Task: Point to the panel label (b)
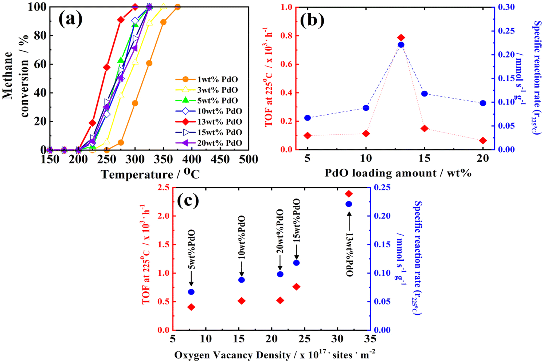pos(312,20)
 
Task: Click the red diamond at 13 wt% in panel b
pos(401,38)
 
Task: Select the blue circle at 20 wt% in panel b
pos(483,103)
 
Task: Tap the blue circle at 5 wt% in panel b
pos(308,118)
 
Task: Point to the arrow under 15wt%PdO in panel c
pos(296,251)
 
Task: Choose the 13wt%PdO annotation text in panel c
pos(349,255)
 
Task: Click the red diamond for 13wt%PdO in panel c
pos(349,194)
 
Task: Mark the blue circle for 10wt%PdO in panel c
pos(241,280)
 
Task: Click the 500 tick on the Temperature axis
pos(249,159)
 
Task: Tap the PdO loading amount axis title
pos(398,173)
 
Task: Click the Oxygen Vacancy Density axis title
pos(275,355)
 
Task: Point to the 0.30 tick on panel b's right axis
pos(506,7)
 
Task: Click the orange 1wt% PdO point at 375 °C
pos(177,7)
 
